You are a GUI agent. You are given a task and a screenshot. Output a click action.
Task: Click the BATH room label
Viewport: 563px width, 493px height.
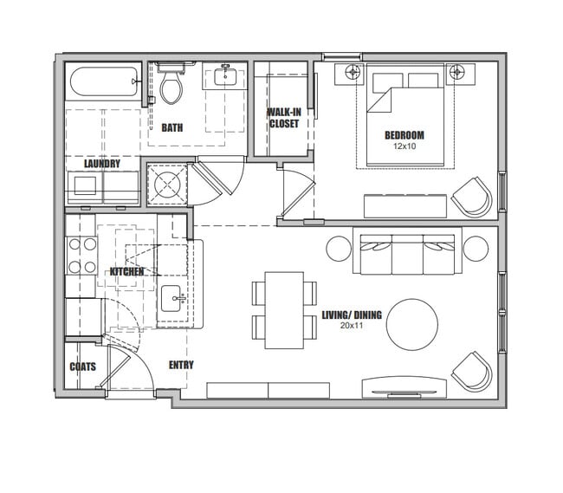point(172,127)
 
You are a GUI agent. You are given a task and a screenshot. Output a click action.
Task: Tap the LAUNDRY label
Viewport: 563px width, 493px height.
point(102,164)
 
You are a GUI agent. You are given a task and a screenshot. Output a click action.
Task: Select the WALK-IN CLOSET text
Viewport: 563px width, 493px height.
point(284,118)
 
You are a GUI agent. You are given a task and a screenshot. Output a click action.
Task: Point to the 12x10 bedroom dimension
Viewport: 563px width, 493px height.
point(404,146)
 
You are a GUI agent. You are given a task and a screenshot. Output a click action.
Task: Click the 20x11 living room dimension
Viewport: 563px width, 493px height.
point(352,326)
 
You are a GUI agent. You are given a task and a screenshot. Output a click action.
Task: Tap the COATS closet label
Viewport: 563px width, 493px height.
point(83,367)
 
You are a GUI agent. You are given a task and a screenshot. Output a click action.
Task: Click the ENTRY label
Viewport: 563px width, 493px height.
point(181,365)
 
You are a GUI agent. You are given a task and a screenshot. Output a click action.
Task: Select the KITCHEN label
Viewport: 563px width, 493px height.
point(126,271)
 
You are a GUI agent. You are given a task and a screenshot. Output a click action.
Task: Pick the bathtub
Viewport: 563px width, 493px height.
point(104,81)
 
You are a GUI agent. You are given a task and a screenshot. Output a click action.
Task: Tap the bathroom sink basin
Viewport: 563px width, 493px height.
point(225,76)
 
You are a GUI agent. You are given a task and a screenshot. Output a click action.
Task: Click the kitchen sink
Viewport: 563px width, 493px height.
point(171,298)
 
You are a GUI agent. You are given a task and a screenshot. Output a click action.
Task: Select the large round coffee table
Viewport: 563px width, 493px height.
point(412,325)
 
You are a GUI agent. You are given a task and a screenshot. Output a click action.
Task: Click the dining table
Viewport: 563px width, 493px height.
point(284,310)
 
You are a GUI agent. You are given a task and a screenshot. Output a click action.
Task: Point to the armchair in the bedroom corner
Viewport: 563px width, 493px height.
point(472,197)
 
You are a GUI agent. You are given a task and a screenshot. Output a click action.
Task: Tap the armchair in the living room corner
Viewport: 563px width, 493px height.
point(472,372)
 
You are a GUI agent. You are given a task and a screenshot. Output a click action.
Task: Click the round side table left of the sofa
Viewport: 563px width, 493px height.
point(339,249)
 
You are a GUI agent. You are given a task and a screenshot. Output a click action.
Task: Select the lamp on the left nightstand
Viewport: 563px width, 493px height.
point(353,72)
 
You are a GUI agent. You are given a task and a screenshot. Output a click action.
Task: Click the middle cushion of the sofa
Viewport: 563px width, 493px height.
point(408,255)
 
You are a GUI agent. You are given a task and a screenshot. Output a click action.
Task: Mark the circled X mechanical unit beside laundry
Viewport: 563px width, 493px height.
point(167,185)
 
